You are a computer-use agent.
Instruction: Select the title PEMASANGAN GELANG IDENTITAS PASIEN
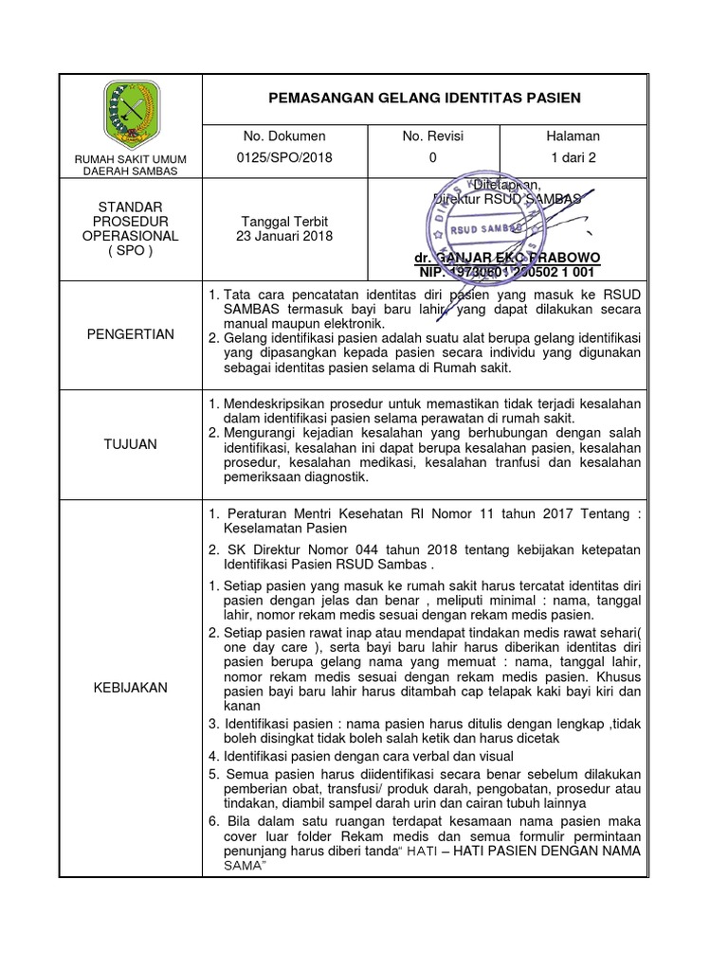426,99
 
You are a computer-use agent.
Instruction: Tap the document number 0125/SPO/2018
299,158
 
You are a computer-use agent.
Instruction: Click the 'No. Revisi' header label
433,136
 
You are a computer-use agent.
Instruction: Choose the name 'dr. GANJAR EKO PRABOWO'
507,259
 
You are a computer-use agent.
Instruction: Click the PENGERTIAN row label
130,333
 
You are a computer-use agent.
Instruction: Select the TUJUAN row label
130,443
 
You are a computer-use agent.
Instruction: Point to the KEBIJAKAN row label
130,688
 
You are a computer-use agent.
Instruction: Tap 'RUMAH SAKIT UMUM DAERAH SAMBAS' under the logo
130,164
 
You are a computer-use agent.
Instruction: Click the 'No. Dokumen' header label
299,136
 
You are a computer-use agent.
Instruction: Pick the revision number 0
433,158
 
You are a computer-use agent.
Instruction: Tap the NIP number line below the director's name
507,273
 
